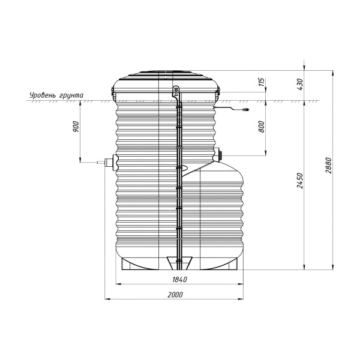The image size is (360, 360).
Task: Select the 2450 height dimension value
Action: coord(300,179)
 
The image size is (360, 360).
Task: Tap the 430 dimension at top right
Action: coord(300,82)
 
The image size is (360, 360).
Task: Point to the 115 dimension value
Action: coord(262,82)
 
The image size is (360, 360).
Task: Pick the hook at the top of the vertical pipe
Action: coord(176,92)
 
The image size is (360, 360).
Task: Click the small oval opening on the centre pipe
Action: coord(184,168)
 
